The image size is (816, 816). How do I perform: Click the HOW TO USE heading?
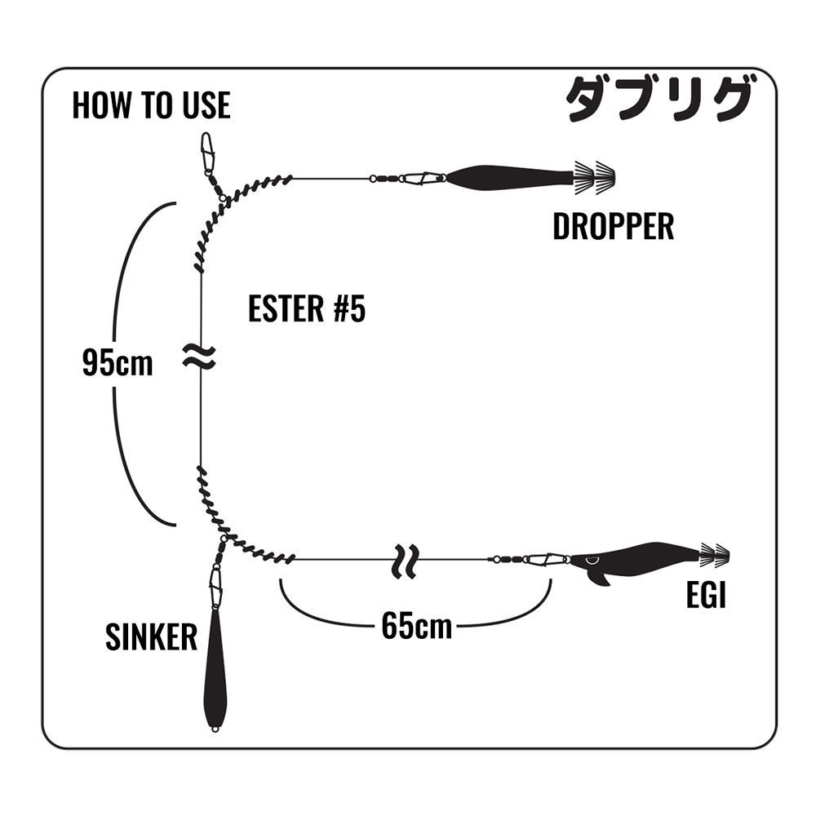coord(151,105)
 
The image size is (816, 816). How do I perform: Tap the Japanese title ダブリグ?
coord(657,100)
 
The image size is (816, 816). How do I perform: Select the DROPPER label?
coord(613,227)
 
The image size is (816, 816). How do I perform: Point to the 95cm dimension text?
coord(118,363)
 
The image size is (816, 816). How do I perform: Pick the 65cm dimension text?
coord(416,627)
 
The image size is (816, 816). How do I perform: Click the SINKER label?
coord(151,637)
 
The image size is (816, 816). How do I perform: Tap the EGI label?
coord(706,596)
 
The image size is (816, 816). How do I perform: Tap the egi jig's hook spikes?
coord(715,556)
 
